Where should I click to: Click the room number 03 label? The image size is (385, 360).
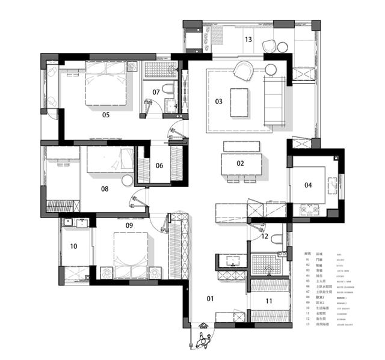coord(218,102)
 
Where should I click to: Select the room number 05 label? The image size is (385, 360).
coord(106,114)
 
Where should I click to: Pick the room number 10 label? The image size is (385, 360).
coord(74,246)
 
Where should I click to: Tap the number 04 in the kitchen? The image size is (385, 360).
coord(308,185)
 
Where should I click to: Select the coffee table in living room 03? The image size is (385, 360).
coord(240,101)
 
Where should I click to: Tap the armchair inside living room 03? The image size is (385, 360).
coord(244,72)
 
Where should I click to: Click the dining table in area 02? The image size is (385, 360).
coord(242,163)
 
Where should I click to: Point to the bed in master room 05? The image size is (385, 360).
coord(106,84)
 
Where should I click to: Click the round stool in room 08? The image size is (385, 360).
coord(127,180)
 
